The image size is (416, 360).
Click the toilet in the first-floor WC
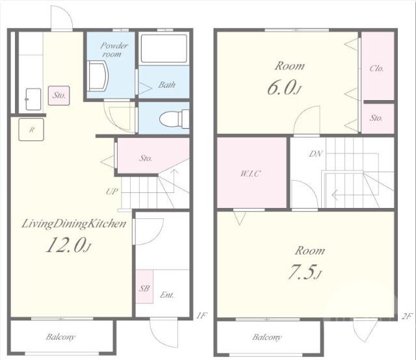tap(174, 118)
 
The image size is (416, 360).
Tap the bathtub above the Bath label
tap(164, 48)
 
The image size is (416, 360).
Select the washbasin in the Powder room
tap(97, 76)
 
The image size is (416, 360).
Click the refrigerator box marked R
tap(31, 129)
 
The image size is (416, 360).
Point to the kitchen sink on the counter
tap(33, 99)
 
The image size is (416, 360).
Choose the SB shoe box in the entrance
tap(144, 287)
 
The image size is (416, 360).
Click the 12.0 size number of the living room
tap(68, 245)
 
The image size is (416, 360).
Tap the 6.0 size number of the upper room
tap(284, 88)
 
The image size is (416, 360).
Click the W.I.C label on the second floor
tap(250, 174)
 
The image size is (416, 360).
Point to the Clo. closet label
tap(377, 68)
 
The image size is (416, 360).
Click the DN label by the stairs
tap(316, 153)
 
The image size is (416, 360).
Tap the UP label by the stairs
tap(112, 191)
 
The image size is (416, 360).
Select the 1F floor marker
tap(201, 315)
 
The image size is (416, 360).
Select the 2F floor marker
tap(407, 316)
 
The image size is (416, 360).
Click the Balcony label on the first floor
tap(60, 337)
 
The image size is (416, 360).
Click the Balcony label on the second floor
tap(266, 337)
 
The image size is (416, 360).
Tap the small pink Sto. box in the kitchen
tap(59, 96)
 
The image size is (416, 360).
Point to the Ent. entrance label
tap(167, 295)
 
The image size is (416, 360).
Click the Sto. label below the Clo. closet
tap(376, 118)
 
